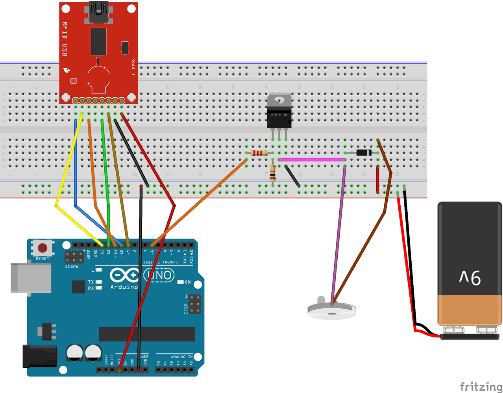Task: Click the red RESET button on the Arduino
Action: click(x=43, y=248)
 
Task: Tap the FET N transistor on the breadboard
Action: click(x=279, y=115)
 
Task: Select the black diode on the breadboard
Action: click(x=364, y=153)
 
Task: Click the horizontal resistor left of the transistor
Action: click(x=259, y=153)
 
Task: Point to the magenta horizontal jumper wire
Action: click(x=312, y=160)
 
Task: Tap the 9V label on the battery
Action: click(x=470, y=278)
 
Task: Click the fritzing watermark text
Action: click(x=481, y=386)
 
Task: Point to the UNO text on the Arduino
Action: click(x=160, y=275)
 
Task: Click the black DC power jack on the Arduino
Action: click(x=39, y=356)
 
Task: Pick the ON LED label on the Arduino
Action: click(x=187, y=282)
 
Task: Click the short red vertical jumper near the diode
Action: click(x=377, y=179)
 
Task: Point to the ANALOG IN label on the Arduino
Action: click(x=181, y=357)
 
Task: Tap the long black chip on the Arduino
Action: click(x=146, y=334)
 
